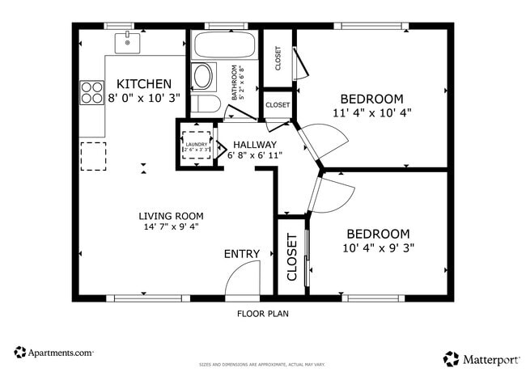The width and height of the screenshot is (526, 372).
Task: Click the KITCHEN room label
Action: (144, 84)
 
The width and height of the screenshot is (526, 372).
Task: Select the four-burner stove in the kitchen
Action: (91, 93)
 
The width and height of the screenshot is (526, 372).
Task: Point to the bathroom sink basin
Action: (202, 78)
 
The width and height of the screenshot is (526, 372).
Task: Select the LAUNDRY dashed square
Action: (196, 146)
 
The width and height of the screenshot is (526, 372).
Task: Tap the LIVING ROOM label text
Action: (171, 216)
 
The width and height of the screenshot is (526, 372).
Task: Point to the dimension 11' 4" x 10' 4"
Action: (372, 112)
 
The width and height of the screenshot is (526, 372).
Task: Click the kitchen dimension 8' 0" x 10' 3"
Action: (144, 98)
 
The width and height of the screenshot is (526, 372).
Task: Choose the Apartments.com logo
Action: (54, 353)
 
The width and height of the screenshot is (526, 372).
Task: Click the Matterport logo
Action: (478, 357)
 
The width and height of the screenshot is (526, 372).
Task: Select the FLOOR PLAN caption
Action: (262, 313)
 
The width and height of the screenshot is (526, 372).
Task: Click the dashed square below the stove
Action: (92, 154)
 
